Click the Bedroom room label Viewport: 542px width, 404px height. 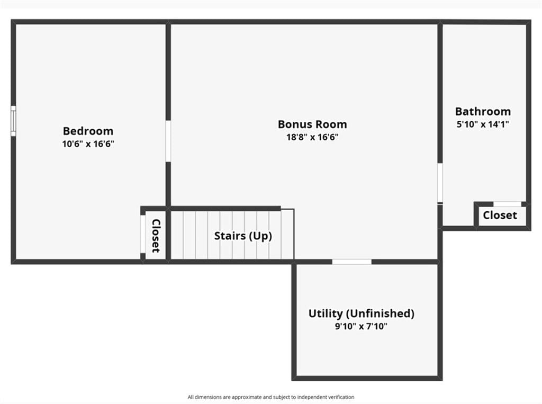(x=88, y=131)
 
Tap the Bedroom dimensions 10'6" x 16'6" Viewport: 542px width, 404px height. (x=88, y=144)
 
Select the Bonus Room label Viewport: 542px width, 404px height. (x=312, y=124)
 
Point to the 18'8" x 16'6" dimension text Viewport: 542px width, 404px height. (x=312, y=137)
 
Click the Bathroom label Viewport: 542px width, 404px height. (x=483, y=111)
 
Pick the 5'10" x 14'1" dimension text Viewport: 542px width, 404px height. (x=483, y=124)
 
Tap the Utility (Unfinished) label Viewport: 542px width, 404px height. (x=361, y=313)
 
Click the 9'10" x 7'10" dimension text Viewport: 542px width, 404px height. (x=361, y=326)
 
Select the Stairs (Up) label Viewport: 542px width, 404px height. (x=243, y=236)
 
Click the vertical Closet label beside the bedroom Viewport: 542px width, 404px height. (x=156, y=236)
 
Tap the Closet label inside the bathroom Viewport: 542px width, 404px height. (x=500, y=215)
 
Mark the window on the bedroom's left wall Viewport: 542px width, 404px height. (x=13, y=121)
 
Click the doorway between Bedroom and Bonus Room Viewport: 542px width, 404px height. (x=168, y=141)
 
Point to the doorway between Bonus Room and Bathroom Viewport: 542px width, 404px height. (x=440, y=183)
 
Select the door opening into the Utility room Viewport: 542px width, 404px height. (x=352, y=262)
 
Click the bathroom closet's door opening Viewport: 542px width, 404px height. (x=507, y=204)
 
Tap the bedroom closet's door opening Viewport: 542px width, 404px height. (x=143, y=234)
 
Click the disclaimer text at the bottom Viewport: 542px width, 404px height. (x=271, y=397)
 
